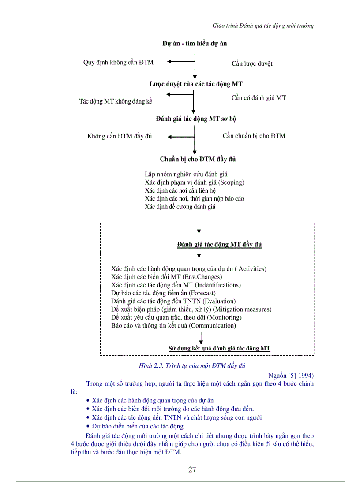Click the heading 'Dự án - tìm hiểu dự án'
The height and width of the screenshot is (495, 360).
pos(195,44)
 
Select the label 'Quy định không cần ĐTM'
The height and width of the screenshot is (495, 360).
pos(118,63)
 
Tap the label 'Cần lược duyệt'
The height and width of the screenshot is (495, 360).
pos(252,63)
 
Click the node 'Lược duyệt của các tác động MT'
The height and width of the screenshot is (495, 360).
pos(195,84)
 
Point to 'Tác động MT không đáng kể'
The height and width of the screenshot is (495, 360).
pos(116,101)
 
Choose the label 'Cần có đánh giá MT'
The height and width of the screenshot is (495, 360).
pos(259,98)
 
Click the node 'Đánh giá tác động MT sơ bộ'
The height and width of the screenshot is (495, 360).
pos(199,119)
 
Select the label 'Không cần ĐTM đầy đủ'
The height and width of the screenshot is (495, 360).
pos(120,136)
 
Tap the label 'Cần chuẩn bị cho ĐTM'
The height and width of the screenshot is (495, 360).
pos(254,136)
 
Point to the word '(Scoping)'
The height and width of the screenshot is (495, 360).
pos(231,182)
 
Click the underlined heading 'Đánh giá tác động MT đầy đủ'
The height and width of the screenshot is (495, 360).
pos(219,245)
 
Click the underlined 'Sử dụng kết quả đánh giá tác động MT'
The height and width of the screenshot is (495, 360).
pos(219,348)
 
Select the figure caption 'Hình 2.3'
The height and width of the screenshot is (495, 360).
pos(151,366)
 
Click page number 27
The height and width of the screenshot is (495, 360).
pos(192,469)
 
